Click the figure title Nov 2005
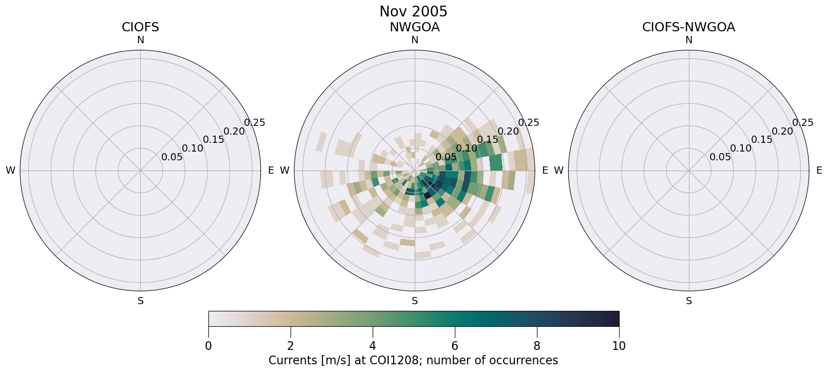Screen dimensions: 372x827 tap(413, 11)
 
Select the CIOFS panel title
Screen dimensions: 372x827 tap(140, 27)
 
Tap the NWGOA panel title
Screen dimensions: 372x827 tap(414, 27)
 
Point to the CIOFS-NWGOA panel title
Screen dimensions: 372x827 tap(688, 27)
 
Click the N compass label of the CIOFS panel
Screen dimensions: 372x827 tap(140, 40)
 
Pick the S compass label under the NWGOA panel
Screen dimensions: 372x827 tap(414, 301)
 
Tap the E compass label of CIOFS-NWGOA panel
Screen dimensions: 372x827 tap(819, 170)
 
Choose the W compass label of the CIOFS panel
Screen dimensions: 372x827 tap(10, 171)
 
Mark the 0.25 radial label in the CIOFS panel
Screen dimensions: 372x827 tap(255, 122)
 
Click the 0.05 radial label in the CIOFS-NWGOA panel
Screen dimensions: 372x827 tap(720, 157)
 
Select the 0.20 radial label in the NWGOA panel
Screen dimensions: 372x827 tap(508, 131)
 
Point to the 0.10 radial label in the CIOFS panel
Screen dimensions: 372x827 tap(193, 148)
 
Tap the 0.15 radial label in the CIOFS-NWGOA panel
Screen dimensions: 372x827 tap(762, 140)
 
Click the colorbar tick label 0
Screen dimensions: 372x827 tap(208, 346)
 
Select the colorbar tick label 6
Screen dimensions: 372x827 tap(455, 346)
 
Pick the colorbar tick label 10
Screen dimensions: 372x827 tap(619, 346)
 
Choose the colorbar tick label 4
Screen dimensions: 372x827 tap(373, 346)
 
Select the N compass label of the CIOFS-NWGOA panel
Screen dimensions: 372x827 tap(688, 40)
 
